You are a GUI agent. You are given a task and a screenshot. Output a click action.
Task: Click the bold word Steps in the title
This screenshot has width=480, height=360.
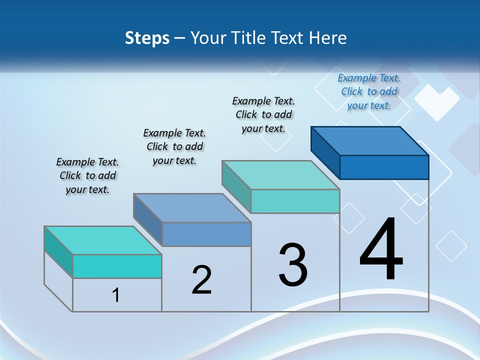[147, 38]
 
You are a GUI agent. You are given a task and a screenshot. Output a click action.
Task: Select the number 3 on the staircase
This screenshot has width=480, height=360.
[293, 265]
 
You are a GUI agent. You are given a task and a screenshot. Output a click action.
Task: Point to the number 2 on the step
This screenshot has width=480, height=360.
[201, 280]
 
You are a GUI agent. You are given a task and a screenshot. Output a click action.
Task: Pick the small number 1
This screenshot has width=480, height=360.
[115, 295]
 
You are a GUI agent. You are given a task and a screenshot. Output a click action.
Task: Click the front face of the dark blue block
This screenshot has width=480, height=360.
[384, 167]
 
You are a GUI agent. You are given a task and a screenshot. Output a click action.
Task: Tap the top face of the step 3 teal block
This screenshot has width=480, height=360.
[280, 175]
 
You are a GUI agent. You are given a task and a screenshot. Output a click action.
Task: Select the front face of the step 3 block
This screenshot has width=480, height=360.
[295, 201]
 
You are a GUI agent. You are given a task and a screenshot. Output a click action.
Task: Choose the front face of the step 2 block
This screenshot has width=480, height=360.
[206, 234]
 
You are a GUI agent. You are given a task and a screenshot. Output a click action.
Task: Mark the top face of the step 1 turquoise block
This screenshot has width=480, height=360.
[102, 240]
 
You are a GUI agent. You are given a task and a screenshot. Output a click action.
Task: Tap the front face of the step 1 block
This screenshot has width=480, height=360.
[117, 266]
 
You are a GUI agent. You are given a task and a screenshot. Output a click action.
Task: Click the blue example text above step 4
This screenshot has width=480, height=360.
[369, 91]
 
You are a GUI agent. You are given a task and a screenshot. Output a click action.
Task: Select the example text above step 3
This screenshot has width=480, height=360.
[263, 114]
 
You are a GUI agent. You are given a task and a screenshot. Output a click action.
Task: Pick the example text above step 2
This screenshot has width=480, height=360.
[174, 146]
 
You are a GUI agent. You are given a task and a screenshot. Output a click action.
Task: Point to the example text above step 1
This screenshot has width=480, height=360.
[87, 175]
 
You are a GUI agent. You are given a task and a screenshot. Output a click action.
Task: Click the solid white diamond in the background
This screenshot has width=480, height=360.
[436, 102]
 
